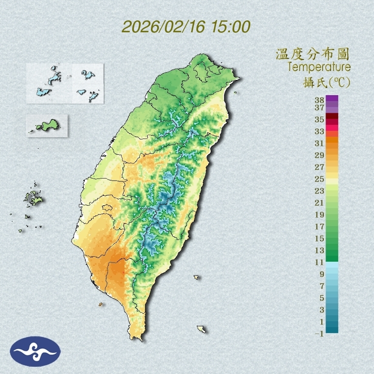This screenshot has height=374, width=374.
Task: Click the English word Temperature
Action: point(319,67)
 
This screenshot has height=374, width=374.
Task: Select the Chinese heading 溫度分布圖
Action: point(313,54)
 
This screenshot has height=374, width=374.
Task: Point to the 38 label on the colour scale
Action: point(320,100)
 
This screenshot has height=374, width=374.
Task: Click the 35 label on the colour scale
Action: point(320,119)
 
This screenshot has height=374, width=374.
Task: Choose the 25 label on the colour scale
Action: point(320,178)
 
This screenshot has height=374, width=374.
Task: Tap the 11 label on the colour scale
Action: point(320,262)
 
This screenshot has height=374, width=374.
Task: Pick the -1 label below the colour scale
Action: point(319,334)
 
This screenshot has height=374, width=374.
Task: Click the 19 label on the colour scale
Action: point(320,214)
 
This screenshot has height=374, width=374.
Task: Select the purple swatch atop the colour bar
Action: point(332,98)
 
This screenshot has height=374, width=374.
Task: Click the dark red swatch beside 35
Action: point(332,116)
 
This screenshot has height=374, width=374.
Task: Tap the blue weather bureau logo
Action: point(35,351)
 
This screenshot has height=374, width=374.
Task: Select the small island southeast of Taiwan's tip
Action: point(201,329)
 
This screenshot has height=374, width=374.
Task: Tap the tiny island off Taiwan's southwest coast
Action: point(101,304)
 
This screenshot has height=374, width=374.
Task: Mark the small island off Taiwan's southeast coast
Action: point(196,277)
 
